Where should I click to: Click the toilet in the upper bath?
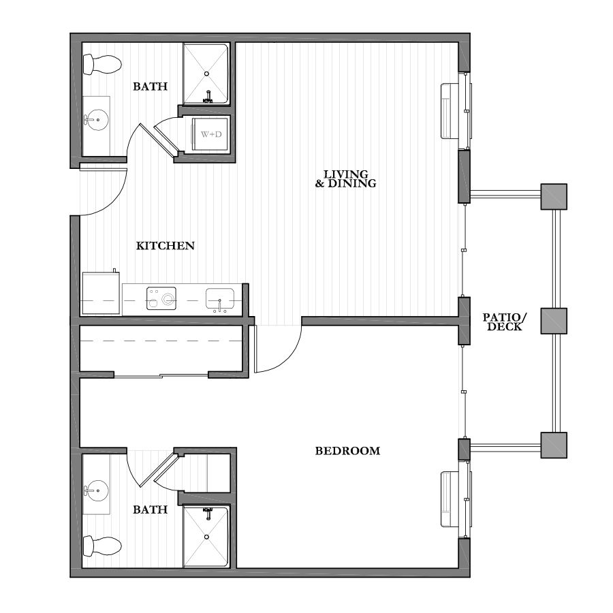pyautogui.click(x=101, y=65)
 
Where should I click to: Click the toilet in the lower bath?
pyautogui.click(x=101, y=545)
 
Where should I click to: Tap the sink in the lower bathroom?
pyautogui.click(x=96, y=490)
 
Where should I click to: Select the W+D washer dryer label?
pyautogui.click(x=211, y=133)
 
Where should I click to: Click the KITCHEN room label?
pyautogui.click(x=166, y=246)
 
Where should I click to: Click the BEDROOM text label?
pyautogui.click(x=347, y=451)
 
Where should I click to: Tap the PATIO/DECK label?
pyautogui.click(x=505, y=321)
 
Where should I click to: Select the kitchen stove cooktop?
pyautogui.click(x=161, y=298)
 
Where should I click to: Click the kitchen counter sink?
pyautogui.click(x=220, y=298)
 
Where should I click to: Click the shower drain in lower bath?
pyautogui.click(x=206, y=536)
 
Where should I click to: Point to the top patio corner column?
pyautogui.click(x=554, y=197)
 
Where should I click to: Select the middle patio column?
pyautogui.click(x=554, y=321)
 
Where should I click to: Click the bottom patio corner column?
pyautogui.click(x=554, y=445)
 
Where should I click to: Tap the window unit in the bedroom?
pyautogui.click(x=452, y=500)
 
